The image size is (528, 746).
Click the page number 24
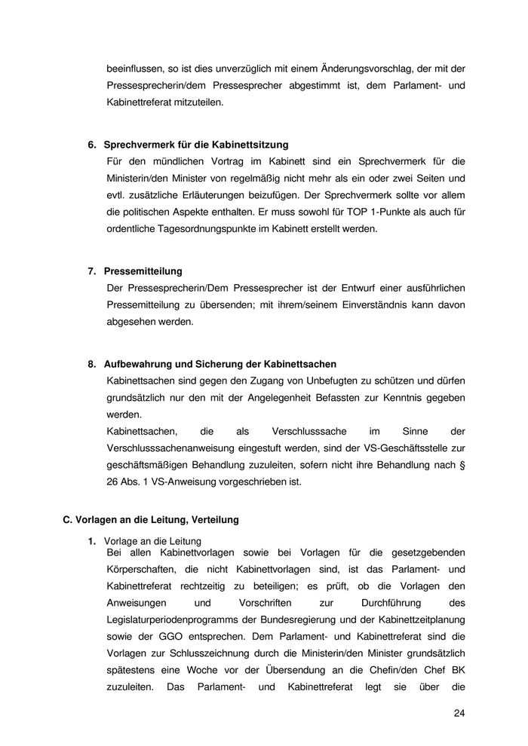tap(459, 713)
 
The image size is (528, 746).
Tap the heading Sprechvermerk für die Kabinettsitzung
tap(196, 144)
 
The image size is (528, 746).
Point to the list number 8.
tap(91, 364)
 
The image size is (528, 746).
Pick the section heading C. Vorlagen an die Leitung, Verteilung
tap(151, 519)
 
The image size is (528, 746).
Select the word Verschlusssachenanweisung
tap(172, 448)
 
